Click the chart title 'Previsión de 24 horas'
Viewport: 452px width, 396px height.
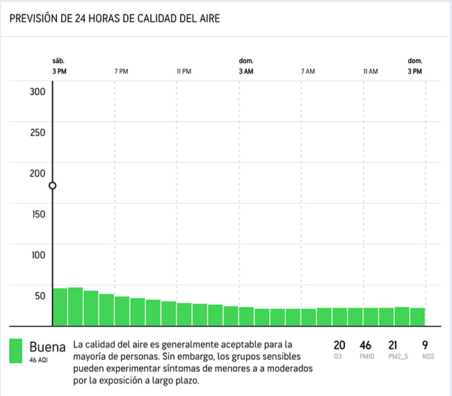click(115, 19)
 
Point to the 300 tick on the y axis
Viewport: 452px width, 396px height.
click(38, 92)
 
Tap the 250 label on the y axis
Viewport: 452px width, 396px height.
click(38, 133)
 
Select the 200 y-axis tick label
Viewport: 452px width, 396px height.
click(38, 174)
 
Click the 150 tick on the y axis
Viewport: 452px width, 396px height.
click(38, 214)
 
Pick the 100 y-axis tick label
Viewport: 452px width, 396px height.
click(38, 254)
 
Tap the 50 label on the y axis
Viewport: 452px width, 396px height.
click(40, 295)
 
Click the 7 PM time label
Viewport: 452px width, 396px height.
click(121, 72)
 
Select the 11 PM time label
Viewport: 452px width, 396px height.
click(184, 72)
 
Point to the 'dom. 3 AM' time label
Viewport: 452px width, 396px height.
click(246, 66)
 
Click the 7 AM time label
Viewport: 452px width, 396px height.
click(308, 72)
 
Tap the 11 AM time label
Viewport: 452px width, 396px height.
click(371, 72)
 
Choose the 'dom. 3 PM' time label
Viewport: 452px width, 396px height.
click(415, 66)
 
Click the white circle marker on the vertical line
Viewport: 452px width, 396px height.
click(53, 185)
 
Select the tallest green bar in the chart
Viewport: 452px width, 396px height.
click(75, 306)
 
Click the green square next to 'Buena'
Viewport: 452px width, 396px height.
click(16, 351)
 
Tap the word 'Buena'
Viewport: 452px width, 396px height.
click(47, 347)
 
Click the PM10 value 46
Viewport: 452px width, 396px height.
click(366, 345)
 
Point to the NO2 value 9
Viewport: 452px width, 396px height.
click(425, 345)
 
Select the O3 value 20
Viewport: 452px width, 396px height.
click(339, 345)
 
